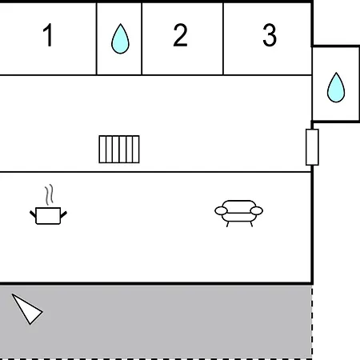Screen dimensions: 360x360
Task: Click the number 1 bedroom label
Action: click(x=48, y=35)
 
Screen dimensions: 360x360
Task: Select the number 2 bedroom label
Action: click(x=180, y=35)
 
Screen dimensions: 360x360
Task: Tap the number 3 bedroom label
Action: click(x=270, y=35)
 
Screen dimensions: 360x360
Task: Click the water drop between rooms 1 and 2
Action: click(x=120, y=38)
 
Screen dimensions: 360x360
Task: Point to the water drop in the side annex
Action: click(x=336, y=87)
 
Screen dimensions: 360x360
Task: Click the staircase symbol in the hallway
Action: click(x=119, y=150)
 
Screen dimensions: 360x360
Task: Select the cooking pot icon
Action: click(x=48, y=215)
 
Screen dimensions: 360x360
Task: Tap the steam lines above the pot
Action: click(x=49, y=194)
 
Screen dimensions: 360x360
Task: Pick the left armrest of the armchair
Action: click(x=221, y=211)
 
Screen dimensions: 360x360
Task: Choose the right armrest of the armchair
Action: click(x=257, y=210)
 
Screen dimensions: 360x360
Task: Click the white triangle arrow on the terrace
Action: click(x=27, y=310)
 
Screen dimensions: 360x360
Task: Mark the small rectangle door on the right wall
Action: click(x=312, y=147)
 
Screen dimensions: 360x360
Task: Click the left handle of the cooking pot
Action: click(x=33, y=214)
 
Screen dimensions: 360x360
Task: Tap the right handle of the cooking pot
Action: click(x=64, y=214)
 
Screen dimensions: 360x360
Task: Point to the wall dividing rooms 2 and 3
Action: click(x=223, y=38)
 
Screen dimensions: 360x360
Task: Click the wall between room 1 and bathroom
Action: click(x=97, y=38)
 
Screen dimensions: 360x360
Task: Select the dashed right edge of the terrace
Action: click(x=312, y=322)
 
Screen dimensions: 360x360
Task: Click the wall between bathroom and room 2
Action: click(x=142, y=38)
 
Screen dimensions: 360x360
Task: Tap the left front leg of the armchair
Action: click(x=227, y=224)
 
